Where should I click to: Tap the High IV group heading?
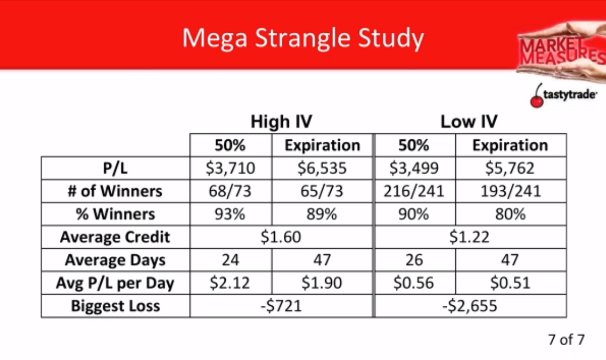click(x=281, y=122)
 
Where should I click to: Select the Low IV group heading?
click(x=469, y=122)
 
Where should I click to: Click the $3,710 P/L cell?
click(x=231, y=168)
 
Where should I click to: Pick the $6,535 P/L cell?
click(x=322, y=168)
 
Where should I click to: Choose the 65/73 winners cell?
click(x=322, y=191)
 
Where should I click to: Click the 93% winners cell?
click(x=231, y=214)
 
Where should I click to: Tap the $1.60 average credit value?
click(x=281, y=237)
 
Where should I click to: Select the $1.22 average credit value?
click(x=469, y=237)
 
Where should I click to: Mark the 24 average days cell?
click(x=231, y=260)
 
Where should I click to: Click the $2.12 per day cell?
click(x=231, y=283)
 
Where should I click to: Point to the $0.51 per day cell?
click(x=510, y=283)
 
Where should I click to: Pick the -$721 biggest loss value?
click(x=281, y=306)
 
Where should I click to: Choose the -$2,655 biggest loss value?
click(x=469, y=306)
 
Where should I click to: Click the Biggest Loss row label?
click(x=115, y=306)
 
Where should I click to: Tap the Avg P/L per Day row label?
click(x=115, y=283)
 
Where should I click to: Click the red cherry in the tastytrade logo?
click(x=537, y=101)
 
